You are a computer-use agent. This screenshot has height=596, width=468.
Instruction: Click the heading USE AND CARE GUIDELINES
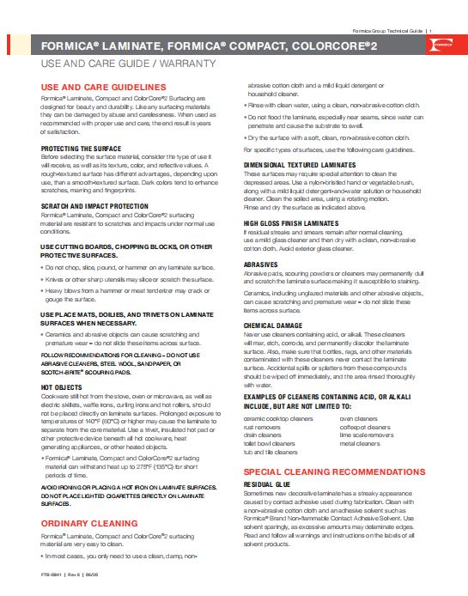[104, 88]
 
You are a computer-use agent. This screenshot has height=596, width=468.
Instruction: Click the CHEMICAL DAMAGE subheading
[273, 326]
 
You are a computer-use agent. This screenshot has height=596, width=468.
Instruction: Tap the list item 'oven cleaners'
[359, 418]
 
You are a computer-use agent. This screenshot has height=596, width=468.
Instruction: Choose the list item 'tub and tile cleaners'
[270, 451]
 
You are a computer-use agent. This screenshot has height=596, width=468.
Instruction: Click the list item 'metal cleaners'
[361, 443]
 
